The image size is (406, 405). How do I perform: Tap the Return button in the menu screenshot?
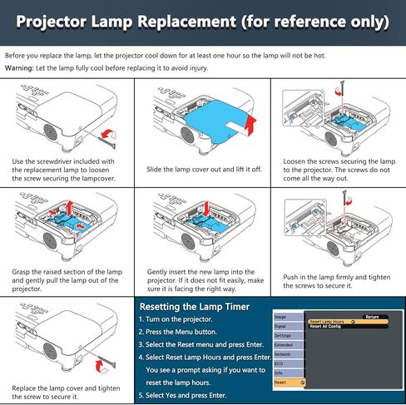pos(371,316)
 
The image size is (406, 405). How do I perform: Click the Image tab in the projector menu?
pos(281,317)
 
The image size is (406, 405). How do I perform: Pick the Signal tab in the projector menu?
pos(281,327)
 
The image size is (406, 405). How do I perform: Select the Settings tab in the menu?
pos(283,335)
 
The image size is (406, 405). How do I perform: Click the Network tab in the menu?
pos(284,353)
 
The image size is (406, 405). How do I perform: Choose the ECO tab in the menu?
pos(280,363)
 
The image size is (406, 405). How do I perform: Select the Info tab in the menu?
pos(280,373)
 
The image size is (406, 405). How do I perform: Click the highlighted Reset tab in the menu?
pos(287,382)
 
